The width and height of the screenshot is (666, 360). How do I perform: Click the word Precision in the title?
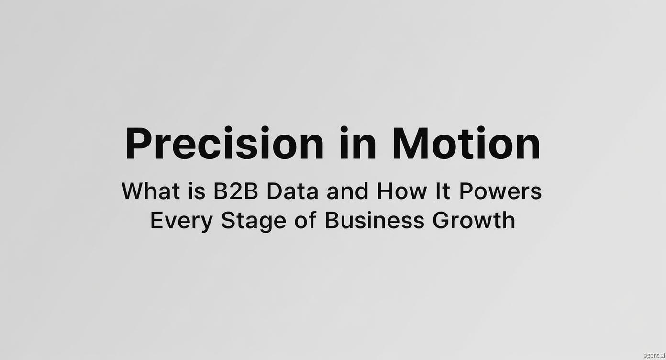coord(225,144)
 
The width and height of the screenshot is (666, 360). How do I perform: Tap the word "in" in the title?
coord(358,144)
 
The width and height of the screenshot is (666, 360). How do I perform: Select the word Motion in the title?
coord(466,144)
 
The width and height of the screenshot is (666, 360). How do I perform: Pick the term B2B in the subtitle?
coord(235,191)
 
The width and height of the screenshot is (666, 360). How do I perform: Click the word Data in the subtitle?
coord(292,191)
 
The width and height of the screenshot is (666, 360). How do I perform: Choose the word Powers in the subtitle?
coord(500,191)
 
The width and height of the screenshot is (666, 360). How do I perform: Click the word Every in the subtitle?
coord(181,221)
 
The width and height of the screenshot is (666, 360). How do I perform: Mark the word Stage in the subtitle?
coord(254,222)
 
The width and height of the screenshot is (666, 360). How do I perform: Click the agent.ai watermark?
coord(654,355)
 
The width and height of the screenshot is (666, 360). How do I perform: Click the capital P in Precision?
coord(139,144)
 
